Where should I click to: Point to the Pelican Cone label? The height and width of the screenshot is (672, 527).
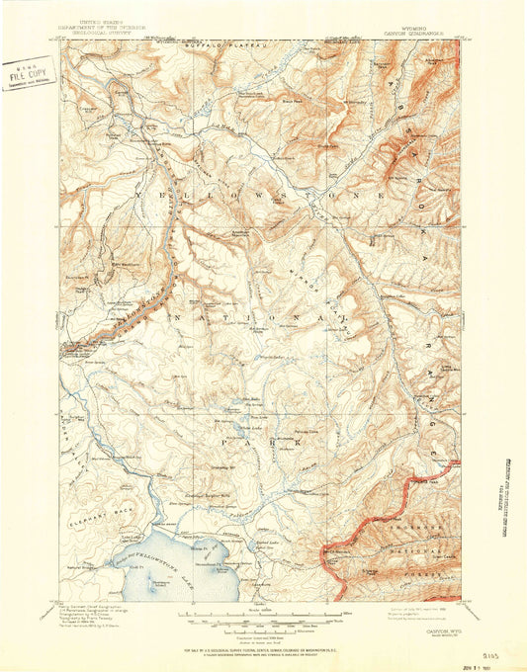[307, 432]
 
